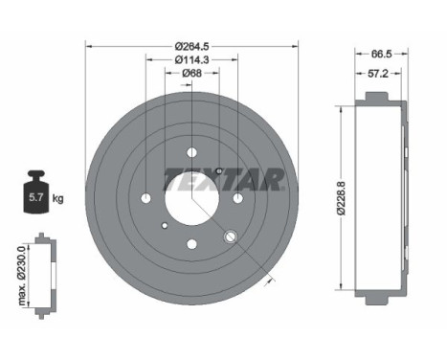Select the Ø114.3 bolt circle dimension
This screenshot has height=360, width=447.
(191, 60)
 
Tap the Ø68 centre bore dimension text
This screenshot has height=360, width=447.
(191, 78)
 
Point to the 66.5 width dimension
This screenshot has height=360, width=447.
(379, 56)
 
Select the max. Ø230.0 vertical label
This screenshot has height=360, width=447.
(21, 274)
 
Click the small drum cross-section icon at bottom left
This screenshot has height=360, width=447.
(42, 274)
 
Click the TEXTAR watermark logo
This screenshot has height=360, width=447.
(223, 179)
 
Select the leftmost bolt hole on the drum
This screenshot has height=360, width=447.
(145, 197)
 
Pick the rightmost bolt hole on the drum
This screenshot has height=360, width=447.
(237, 197)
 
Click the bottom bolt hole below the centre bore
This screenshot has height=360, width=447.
(191, 243)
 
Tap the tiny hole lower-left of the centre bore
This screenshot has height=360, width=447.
(164, 226)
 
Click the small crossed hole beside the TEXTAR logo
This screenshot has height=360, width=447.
(219, 170)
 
